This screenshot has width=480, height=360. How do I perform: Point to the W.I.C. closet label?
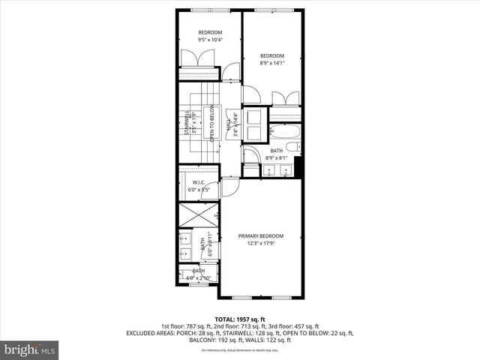(199, 182)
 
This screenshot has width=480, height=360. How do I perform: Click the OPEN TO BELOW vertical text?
(212, 124)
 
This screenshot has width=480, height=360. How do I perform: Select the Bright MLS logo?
(30, 349)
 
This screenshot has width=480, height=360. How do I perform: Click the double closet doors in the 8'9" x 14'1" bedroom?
(284, 100)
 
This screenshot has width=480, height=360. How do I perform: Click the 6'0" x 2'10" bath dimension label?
(199, 277)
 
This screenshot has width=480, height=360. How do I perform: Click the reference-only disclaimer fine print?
(239, 350)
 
